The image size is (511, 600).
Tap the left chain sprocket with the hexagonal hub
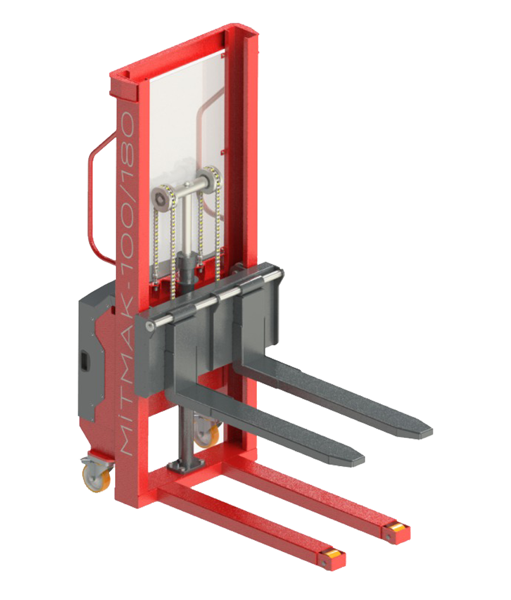(x=162, y=197)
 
